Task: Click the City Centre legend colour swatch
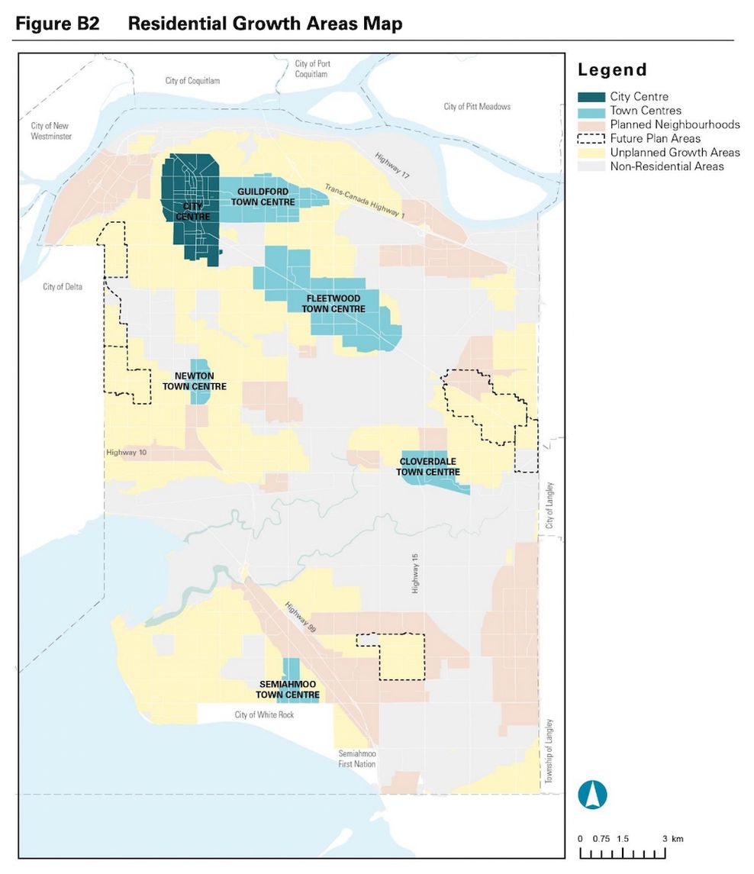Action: (591, 97)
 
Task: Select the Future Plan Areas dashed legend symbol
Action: (591, 139)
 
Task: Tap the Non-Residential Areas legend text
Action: (666, 166)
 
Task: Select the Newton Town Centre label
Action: (194, 381)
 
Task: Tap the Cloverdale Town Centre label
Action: (427, 467)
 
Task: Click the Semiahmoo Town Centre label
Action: (288, 689)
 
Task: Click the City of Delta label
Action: (63, 287)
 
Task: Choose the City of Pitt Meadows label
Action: (477, 107)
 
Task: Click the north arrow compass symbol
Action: (592, 795)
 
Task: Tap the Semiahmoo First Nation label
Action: (357, 759)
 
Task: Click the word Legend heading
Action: (612, 70)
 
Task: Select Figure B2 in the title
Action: (57, 24)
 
